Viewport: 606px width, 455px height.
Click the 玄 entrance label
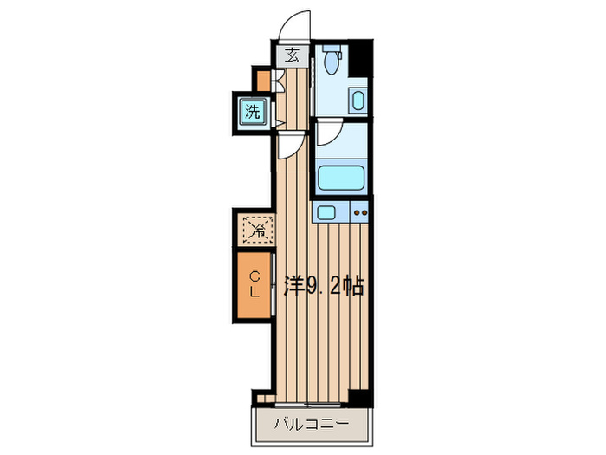293,55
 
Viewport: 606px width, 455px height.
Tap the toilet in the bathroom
330,59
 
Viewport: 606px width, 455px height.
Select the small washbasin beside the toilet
358,101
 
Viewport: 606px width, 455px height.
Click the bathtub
344,179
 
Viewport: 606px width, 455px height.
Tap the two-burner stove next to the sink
360,212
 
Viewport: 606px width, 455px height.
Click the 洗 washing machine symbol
252,111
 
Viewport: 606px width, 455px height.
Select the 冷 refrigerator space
257,230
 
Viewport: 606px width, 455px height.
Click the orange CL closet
254,284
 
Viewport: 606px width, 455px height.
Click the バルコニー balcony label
312,425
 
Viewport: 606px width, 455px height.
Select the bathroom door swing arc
328,132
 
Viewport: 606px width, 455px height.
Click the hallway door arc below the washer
290,146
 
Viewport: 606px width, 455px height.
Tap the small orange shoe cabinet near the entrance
261,80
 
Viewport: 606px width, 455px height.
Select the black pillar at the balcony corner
359,398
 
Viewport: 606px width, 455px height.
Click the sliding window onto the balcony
307,405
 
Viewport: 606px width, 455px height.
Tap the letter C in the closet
255,276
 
